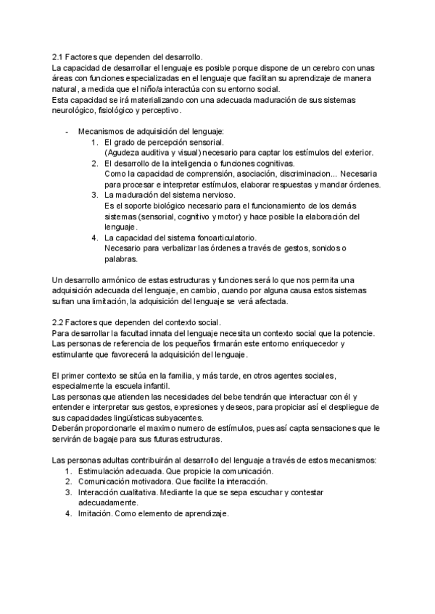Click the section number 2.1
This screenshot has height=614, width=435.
(x=59, y=58)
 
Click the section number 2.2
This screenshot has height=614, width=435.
(x=59, y=322)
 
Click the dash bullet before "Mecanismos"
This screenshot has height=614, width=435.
(x=67, y=132)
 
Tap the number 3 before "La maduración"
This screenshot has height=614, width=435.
(x=94, y=195)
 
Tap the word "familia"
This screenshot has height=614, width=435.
(x=180, y=375)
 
